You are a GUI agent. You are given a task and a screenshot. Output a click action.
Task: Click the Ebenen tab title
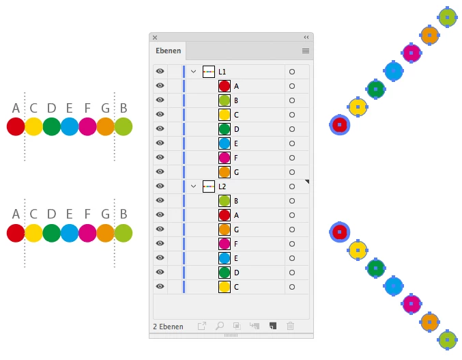click(169, 51)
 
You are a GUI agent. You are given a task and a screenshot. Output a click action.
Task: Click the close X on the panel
click(155, 38)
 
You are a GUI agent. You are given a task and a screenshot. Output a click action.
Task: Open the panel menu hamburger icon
click(306, 51)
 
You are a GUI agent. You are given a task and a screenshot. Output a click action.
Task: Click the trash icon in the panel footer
click(290, 326)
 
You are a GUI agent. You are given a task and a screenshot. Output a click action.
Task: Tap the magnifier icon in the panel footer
click(220, 326)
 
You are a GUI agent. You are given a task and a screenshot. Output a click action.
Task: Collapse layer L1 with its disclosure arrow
click(193, 72)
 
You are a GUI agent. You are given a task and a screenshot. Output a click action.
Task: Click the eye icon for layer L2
click(160, 186)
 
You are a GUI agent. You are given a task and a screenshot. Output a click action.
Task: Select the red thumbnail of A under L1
click(225, 86)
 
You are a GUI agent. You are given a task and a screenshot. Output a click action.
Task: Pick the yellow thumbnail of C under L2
click(225, 287)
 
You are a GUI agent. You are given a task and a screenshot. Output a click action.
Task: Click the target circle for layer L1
click(292, 72)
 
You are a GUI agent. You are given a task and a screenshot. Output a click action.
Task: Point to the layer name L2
click(222, 186)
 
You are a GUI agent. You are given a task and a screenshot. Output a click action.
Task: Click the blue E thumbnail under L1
click(225, 143)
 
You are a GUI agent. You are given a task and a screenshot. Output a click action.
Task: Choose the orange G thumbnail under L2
click(225, 230)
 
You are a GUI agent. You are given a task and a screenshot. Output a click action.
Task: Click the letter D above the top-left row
click(52, 108)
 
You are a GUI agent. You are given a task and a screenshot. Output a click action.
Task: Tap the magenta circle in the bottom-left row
click(87, 233)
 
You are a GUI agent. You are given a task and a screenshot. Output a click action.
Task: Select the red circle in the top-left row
click(16, 126)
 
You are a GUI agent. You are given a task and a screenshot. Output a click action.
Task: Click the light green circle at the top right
click(448, 17)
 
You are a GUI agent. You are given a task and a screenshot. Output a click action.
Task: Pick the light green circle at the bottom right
click(448, 340)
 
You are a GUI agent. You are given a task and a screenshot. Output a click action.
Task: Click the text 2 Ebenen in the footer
click(169, 327)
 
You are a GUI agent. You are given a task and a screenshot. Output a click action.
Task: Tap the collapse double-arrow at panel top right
click(306, 37)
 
